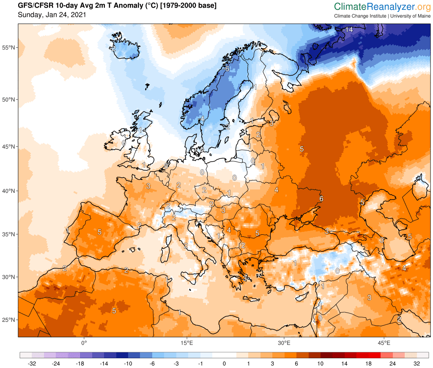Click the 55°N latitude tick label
coord(9,47)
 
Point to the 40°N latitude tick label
coord(9,191)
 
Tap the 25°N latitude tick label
coord(9,320)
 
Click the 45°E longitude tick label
coord(384,343)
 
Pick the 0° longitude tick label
coord(84,343)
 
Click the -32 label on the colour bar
coord(31,364)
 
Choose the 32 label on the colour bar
coord(417,364)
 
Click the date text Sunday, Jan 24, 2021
coord(52,15)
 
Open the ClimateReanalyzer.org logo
coord(382,7)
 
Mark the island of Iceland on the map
coord(125,50)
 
